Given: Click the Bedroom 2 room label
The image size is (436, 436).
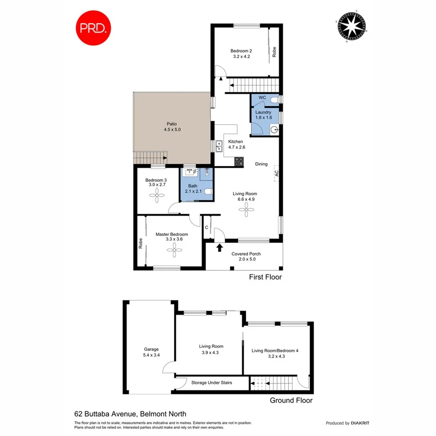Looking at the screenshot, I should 241,51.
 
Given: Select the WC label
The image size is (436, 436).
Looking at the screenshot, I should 263,98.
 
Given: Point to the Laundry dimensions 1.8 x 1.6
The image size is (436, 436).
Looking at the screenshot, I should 264,118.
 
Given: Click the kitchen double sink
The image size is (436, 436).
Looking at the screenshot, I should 219,144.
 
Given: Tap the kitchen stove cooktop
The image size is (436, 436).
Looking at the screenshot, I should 239,162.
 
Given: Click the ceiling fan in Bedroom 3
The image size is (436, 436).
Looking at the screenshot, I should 157,195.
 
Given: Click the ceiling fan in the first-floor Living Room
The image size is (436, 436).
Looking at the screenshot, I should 246,210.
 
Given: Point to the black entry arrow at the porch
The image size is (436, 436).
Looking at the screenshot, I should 219,248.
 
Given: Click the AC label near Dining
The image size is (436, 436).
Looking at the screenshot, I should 277,173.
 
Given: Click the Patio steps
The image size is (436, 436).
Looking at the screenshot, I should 150,157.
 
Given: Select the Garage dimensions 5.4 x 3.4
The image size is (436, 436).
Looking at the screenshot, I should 151,355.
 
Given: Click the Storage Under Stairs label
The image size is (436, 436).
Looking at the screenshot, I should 212,383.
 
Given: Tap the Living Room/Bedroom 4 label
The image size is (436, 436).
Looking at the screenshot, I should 275,351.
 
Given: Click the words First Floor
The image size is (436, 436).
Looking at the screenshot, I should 265,277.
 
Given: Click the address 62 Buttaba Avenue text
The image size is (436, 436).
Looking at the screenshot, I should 107,414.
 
